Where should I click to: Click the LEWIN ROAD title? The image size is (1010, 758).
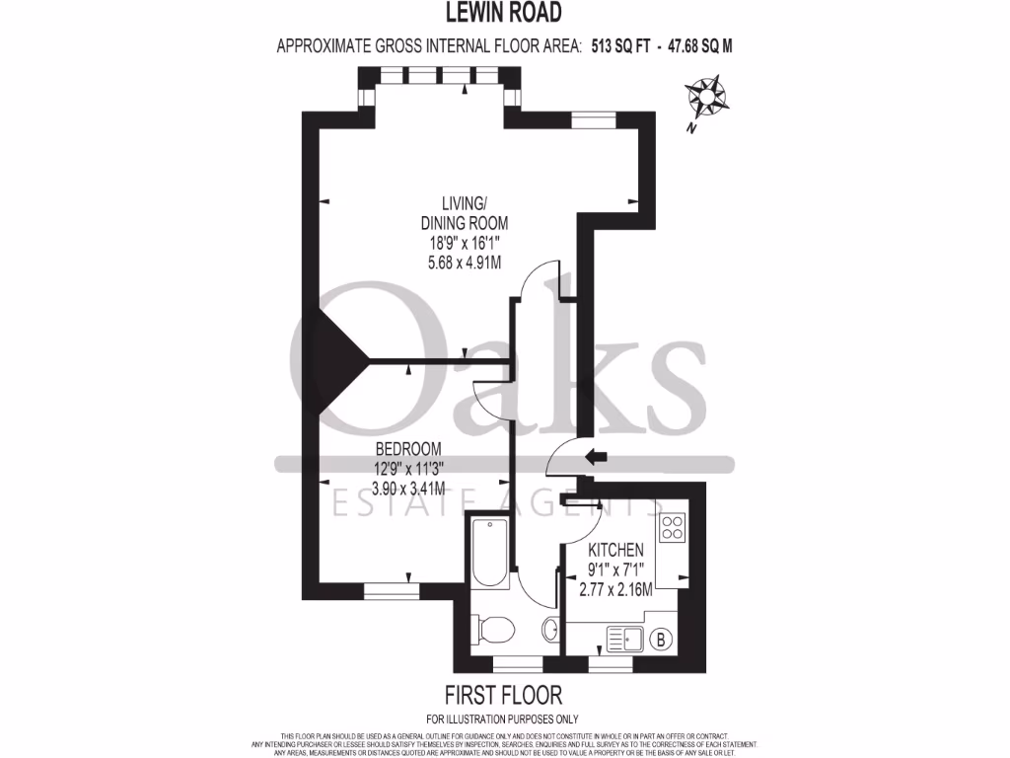tap(504, 13)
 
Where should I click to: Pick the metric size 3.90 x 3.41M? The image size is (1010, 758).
tap(407, 488)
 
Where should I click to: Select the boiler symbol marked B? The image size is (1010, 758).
tap(662, 640)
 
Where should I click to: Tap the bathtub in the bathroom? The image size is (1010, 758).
tap(489, 552)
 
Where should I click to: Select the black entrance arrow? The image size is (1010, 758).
tap(596, 457)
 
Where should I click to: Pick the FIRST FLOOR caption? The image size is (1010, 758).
tap(503, 695)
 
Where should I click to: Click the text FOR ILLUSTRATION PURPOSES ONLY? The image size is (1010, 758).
tap(503, 719)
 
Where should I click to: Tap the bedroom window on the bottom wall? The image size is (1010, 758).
tap(390, 592)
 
